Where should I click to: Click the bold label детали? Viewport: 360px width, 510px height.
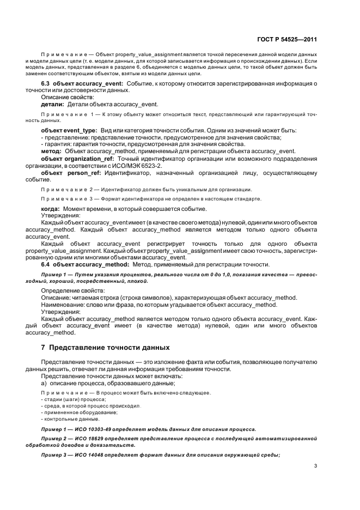(53, 104)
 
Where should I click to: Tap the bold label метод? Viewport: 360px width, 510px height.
(52, 151)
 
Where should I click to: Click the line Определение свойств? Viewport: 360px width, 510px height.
(69, 291)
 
